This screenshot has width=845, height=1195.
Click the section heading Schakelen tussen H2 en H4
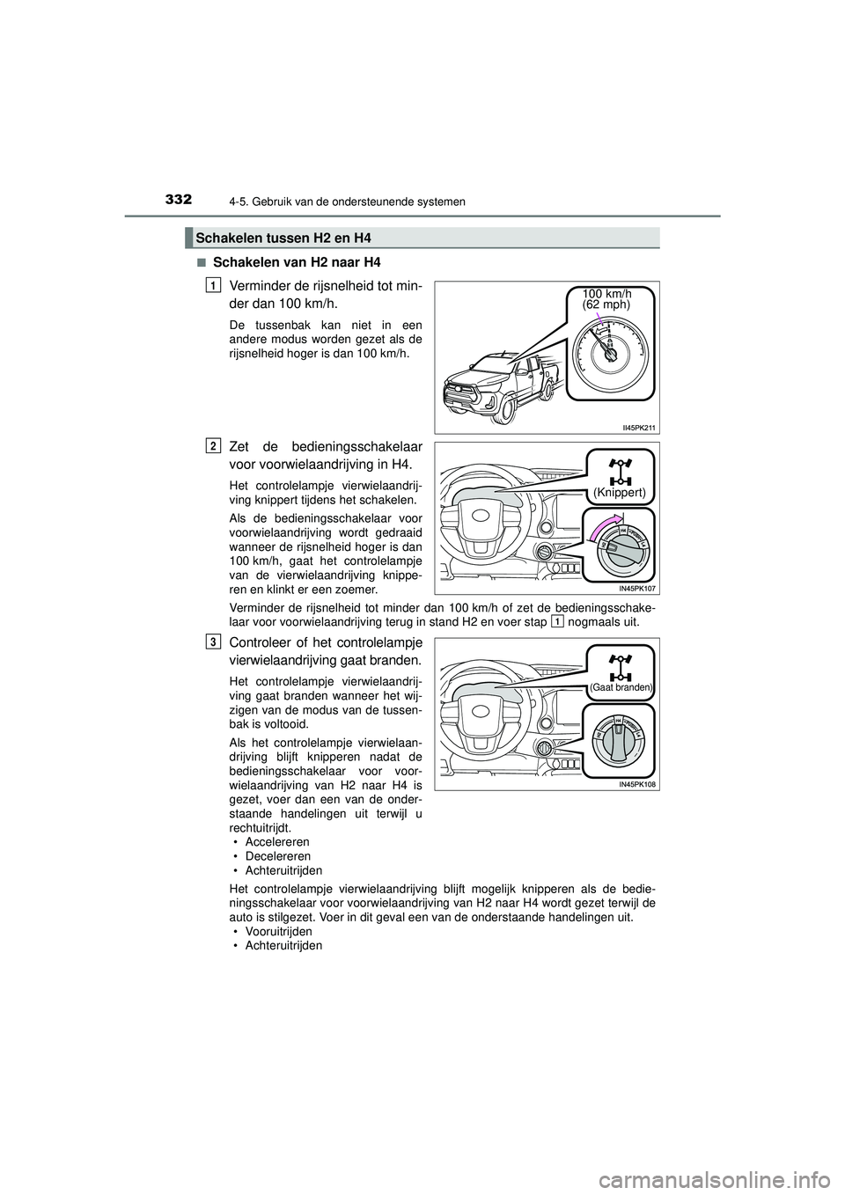click(x=283, y=238)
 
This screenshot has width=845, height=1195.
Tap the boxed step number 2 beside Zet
click(x=215, y=446)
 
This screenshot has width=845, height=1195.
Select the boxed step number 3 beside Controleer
click(x=215, y=641)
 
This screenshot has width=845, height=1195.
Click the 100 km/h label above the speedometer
click(x=607, y=292)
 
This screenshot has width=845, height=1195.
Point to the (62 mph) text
click(x=607, y=304)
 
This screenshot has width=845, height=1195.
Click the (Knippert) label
click(x=621, y=493)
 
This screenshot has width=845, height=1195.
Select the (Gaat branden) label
click(x=621, y=686)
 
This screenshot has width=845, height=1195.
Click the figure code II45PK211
click(x=640, y=427)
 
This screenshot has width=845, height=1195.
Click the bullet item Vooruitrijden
click(x=279, y=931)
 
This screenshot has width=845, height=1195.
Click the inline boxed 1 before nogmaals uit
click(x=557, y=621)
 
